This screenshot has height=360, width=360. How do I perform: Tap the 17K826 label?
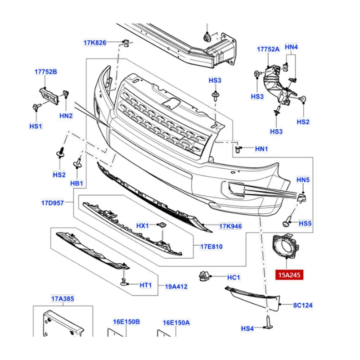94,43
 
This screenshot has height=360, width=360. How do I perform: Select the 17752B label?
46,72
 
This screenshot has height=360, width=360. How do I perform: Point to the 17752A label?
268,49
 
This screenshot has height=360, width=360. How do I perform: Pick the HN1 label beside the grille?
261,148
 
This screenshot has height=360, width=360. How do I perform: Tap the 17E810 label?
211,247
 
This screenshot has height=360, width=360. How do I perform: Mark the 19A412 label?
175,286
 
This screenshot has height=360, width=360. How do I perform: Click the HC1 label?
234,277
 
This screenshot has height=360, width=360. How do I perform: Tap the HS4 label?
247,329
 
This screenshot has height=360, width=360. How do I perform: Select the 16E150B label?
126,322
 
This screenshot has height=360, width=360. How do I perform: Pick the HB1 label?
76,183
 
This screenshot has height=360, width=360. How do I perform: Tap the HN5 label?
303,180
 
